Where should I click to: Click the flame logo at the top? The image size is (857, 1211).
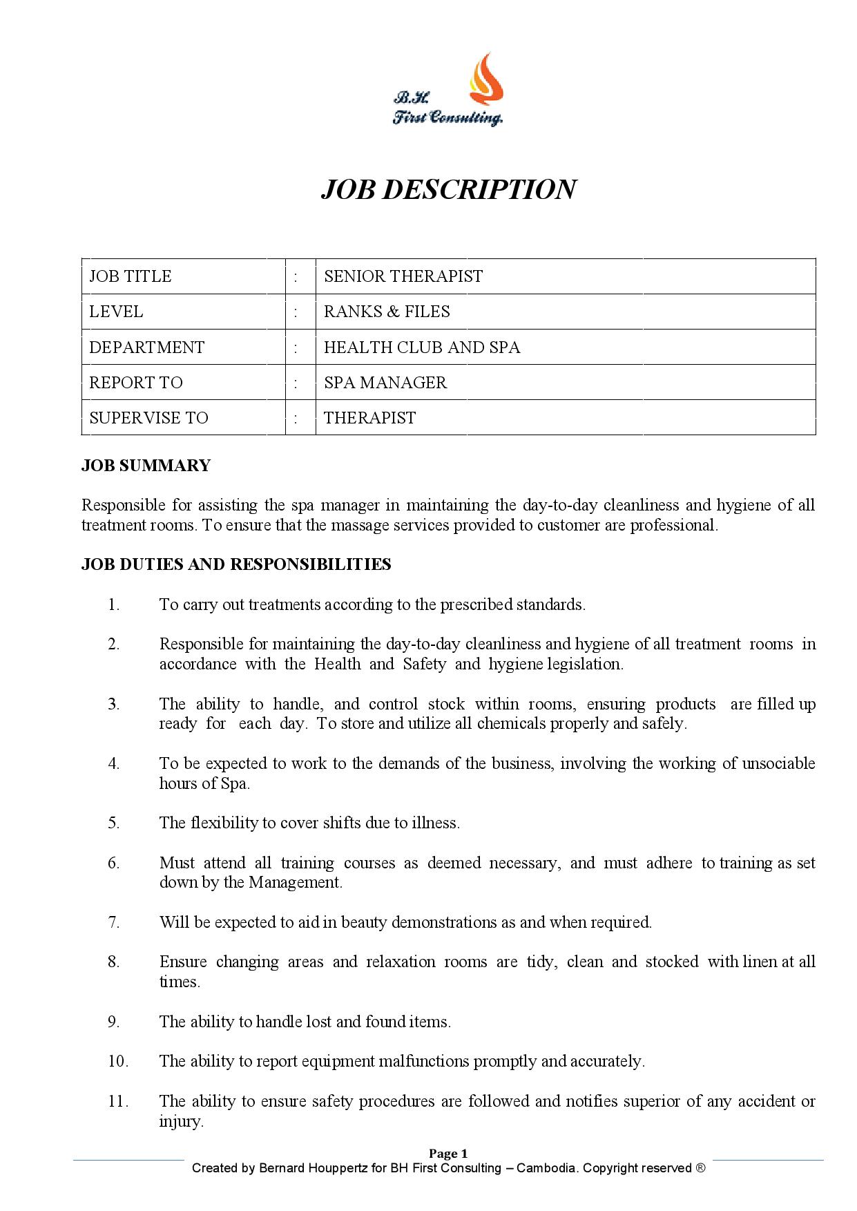(487, 80)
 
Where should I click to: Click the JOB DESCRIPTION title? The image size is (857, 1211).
(448, 189)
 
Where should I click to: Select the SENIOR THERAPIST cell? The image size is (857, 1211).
(403, 276)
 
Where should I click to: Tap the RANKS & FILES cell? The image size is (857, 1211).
(387, 312)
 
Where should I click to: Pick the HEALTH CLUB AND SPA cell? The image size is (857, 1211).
(422, 347)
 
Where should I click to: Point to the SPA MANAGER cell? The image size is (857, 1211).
(385, 382)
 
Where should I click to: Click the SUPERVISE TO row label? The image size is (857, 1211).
(148, 418)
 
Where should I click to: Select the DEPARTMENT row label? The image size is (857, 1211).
(146, 347)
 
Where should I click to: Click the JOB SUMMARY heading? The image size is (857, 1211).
(146, 466)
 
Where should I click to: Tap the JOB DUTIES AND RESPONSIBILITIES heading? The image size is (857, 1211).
(236, 564)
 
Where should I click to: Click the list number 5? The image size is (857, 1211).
(114, 823)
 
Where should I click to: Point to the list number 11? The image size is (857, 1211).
(118, 1101)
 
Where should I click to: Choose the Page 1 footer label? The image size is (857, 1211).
(448, 1154)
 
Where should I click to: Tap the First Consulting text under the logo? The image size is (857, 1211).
(448, 118)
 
